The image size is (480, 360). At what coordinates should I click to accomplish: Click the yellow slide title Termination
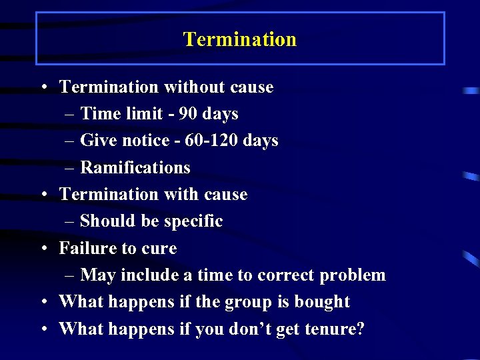click(240, 39)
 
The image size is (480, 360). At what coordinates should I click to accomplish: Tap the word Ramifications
click(135, 167)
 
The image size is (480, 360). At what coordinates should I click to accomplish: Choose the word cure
click(159, 249)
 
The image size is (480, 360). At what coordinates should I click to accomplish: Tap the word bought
click(322, 302)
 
